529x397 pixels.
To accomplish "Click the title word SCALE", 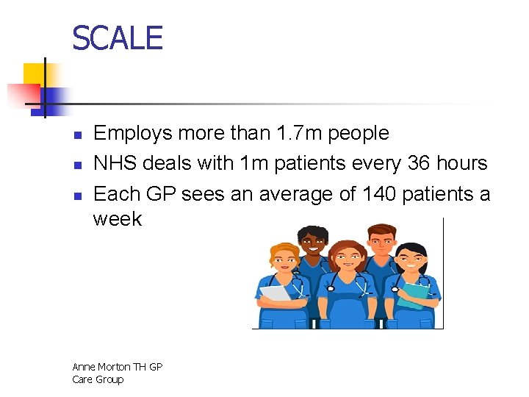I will [118, 37].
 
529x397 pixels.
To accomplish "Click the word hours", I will [461, 163].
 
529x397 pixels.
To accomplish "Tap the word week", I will [118, 219].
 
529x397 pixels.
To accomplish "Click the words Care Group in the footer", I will [98, 379].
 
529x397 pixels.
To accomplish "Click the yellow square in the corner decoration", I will [34, 74].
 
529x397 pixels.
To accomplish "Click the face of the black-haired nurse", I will [411, 262].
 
